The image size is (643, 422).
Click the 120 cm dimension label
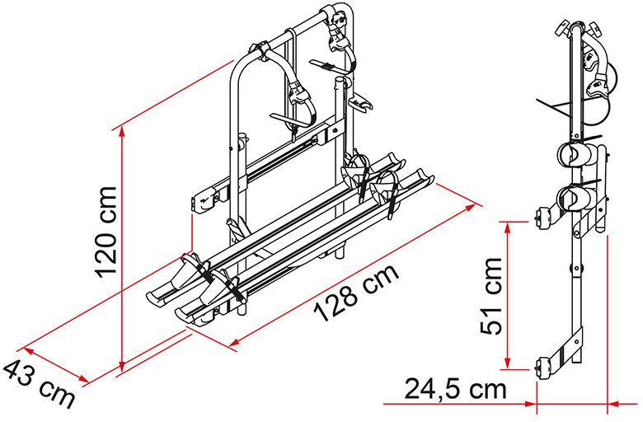[x=106, y=232]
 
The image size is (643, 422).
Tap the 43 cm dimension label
[x=38, y=382]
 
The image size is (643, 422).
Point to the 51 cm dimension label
[x=491, y=296]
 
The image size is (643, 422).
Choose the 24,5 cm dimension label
[x=456, y=389]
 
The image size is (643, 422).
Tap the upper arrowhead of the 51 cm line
[x=508, y=227]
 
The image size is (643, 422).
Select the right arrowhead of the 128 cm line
[x=470, y=208]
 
